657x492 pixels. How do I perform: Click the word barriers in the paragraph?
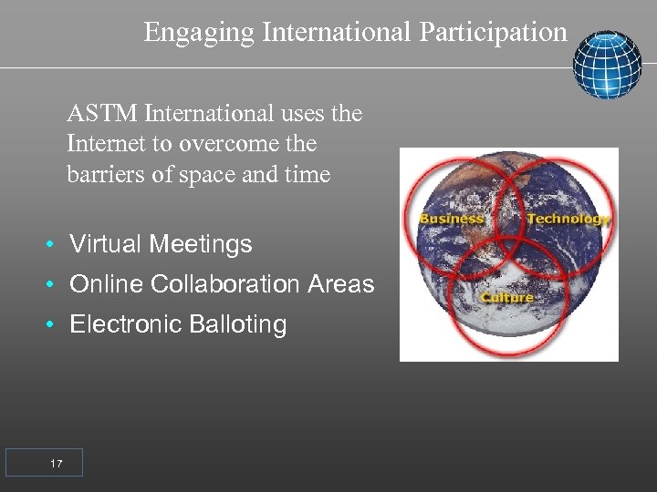tap(102, 174)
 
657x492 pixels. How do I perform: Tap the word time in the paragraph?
tap(308, 174)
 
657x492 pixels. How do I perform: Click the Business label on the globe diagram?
tap(451, 219)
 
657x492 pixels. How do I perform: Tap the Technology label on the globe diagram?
tap(568, 219)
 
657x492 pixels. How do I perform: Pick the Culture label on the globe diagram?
tap(507, 298)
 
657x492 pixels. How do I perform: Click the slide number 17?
tap(57, 465)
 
